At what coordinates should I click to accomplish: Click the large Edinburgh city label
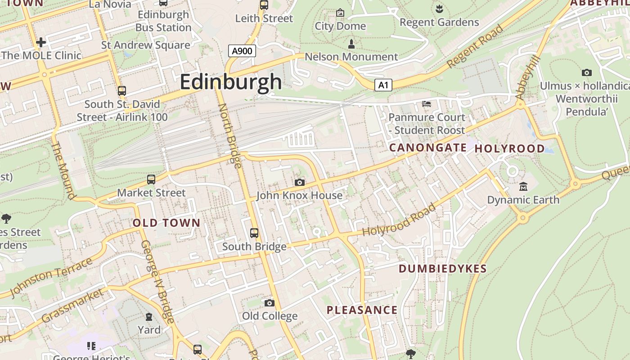coord(231,82)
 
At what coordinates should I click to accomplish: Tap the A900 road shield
coord(242,51)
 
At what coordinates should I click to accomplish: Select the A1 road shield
coord(383,85)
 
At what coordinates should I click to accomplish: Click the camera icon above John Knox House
coord(300,182)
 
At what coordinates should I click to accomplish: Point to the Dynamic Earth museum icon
coord(523,186)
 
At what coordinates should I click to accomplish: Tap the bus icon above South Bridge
coord(254,233)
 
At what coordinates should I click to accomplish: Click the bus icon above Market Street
coord(151,179)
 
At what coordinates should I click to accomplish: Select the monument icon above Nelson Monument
coord(351,44)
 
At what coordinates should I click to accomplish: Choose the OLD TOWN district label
coord(166,223)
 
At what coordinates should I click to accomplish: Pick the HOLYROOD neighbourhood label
coord(509,148)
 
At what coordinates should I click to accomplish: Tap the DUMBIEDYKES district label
coord(443,269)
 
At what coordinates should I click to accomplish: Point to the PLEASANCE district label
coord(362,310)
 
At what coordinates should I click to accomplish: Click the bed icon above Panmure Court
coord(427,104)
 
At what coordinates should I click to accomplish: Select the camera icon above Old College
coord(270,303)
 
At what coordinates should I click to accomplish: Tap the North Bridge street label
coord(230,135)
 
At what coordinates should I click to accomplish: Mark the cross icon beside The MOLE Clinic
coord(41,42)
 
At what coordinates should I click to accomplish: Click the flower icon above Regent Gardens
coord(439,8)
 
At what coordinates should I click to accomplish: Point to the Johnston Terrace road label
coord(50,277)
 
